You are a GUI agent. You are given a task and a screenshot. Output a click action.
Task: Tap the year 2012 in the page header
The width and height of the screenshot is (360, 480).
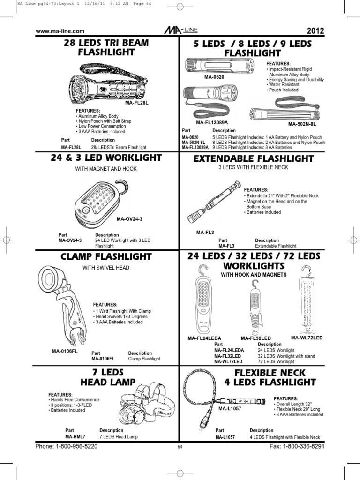(x=315, y=31)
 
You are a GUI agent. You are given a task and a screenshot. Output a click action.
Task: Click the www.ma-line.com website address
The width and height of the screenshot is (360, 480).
(x=60, y=31)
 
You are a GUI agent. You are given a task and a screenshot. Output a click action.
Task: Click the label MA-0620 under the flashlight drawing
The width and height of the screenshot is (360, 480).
(x=214, y=76)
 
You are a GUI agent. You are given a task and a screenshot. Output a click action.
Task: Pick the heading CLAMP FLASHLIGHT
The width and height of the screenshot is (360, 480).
(x=106, y=256)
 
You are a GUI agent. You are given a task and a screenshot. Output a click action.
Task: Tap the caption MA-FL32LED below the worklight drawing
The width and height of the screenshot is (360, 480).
(x=256, y=338)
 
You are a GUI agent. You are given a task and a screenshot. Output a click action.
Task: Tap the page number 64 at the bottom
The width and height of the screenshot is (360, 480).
(x=180, y=447)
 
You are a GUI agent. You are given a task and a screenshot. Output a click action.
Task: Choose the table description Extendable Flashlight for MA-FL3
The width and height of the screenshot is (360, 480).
(x=276, y=246)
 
